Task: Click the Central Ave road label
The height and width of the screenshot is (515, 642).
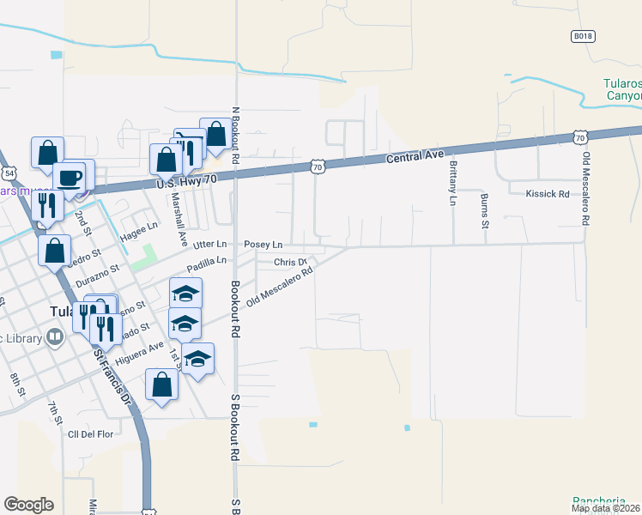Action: [x=415, y=157]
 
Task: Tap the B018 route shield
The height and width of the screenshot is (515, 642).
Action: [x=583, y=36]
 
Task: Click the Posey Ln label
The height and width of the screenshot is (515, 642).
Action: [x=263, y=245]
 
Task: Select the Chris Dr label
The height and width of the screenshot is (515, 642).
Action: [x=290, y=262]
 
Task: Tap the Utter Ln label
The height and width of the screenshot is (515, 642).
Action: [x=209, y=245]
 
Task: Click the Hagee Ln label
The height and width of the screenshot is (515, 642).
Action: [x=140, y=227]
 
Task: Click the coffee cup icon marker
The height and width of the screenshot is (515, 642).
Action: [x=69, y=177]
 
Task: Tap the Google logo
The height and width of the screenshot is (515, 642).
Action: [x=28, y=505]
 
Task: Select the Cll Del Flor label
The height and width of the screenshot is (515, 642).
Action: [x=90, y=434]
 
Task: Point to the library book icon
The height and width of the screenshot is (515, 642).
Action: [x=56, y=337]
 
